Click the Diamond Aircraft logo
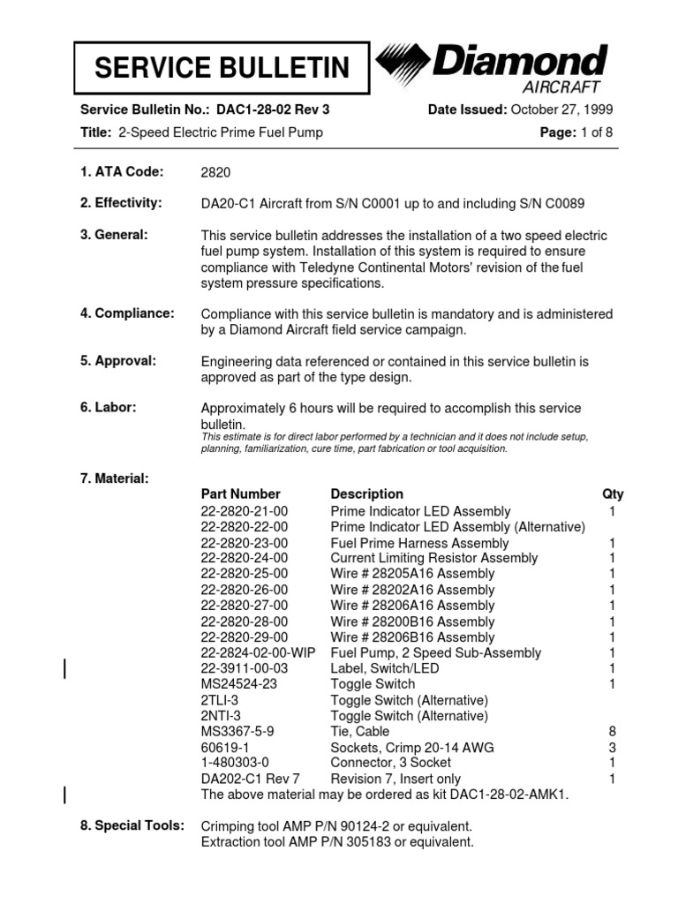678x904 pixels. [x=492, y=69]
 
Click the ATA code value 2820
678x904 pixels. [x=215, y=173]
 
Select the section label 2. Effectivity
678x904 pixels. [x=121, y=203]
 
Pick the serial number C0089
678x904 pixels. [x=561, y=204]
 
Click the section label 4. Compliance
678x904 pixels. [x=127, y=313]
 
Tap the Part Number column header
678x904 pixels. [x=240, y=494]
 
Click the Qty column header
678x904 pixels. [x=612, y=494]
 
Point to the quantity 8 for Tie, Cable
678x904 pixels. [x=612, y=732]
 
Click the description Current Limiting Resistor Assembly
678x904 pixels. [x=433, y=558]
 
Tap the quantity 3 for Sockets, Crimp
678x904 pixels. [x=612, y=748]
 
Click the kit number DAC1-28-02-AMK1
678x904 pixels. [x=505, y=795]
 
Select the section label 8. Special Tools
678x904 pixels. [x=132, y=825]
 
